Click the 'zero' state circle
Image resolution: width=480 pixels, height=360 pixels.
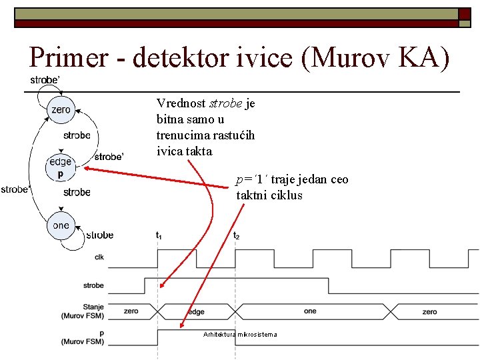[x=61, y=110]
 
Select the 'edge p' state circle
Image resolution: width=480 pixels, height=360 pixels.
[x=61, y=167]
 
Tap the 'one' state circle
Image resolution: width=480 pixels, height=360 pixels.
[x=61, y=225]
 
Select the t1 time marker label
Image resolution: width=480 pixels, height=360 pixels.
[x=159, y=235]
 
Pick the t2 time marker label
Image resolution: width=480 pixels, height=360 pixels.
[x=236, y=235]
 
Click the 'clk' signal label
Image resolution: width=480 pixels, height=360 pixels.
[x=99, y=257]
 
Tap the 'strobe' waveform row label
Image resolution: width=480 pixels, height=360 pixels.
[x=93, y=285]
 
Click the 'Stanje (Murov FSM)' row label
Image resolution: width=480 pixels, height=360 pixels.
[x=83, y=311]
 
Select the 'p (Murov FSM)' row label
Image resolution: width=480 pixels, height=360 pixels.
[x=83, y=337]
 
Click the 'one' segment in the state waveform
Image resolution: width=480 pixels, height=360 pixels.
[x=310, y=311]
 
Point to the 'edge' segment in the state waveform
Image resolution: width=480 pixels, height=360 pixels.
[x=196, y=311]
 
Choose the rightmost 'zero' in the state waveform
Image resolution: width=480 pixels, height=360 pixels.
[x=430, y=311]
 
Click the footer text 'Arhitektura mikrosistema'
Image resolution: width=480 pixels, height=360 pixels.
[x=239, y=334]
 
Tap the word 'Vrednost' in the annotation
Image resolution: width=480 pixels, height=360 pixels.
[x=181, y=103]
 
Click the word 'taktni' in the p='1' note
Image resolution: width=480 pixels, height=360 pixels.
[x=252, y=195]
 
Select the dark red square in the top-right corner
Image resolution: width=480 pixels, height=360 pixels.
[x=465, y=13]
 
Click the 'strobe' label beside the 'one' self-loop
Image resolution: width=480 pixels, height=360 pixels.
[x=100, y=235]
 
